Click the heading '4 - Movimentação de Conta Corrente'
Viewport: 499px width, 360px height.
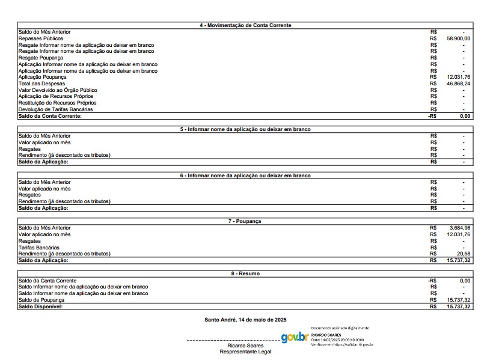[245, 25]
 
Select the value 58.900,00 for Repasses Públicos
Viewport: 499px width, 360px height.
[458, 38]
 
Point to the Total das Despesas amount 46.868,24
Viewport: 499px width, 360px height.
[458, 84]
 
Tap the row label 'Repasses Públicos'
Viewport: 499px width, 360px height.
[41, 38]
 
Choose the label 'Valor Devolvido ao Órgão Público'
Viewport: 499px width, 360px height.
[57, 90]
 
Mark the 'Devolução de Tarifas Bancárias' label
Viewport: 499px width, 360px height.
[56, 109]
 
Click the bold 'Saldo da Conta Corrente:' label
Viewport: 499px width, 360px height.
[50, 116]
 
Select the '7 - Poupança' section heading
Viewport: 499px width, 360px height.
[245, 221]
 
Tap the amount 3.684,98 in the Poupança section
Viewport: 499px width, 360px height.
[460, 228]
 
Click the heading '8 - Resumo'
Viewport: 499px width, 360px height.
[245, 273]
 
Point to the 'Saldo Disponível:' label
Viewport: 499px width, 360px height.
[40, 307]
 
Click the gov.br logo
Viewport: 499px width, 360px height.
[295, 337]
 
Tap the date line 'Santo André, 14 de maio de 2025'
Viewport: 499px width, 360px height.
[245, 319]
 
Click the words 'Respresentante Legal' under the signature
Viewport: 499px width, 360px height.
[245, 352]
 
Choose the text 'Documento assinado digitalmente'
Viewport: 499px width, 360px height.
[340, 328]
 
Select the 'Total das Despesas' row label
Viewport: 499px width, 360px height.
[42, 84]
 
